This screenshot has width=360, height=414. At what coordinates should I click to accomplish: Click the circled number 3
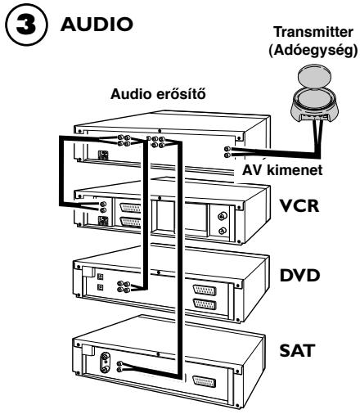pyautogui.click(x=26, y=25)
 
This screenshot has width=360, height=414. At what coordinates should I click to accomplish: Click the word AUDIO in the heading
pyautogui.click(x=97, y=24)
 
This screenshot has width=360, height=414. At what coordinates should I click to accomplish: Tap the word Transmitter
pyautogui.click(x=313, y=32)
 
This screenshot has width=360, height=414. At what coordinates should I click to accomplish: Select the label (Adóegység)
pyautogui.click(x=313, y=51)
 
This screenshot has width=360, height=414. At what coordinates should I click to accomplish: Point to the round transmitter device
pyautogui.click(x=314, y=96)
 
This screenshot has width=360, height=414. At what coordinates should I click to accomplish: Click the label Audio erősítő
pyautogui.click(x=158, y=94)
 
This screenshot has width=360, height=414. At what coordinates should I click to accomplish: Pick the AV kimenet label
pyautogui.click(x=282, y=170)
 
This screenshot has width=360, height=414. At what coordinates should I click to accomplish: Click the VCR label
pyautogui.click(x=299, y=205)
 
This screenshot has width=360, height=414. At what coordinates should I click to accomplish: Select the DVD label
pyautogui.click(x=300, y=275)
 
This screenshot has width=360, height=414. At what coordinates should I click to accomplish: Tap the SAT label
pyautogui.click(x=297, y=350)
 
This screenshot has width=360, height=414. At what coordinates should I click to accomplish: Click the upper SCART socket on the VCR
pyautogui.click(x=131, y=209)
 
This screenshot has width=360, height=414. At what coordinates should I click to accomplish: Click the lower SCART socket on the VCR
pyautogui.click(x=131, y=222)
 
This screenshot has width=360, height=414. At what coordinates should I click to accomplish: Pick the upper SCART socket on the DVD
pyautogui.click(x=205, y=290)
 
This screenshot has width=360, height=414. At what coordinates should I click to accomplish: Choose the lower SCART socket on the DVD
pyautogui.click(x=205, y=304)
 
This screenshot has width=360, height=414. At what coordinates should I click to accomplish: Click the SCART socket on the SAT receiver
pyautogui.click(x=204, y=381)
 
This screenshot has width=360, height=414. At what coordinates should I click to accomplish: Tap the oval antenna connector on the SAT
pyautogui.click(x=105, y=362)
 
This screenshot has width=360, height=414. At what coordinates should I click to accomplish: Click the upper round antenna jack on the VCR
pyautogui.click(x=223, y=217)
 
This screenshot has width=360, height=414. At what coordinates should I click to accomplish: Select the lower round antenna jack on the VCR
pyautogui.click(x=223, y=232)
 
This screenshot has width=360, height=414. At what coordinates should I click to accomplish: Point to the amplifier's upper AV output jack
pyautogui.click(x=227, y=149)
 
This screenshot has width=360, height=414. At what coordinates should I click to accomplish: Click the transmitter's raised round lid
pyautogui.click(x=314, y=77)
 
